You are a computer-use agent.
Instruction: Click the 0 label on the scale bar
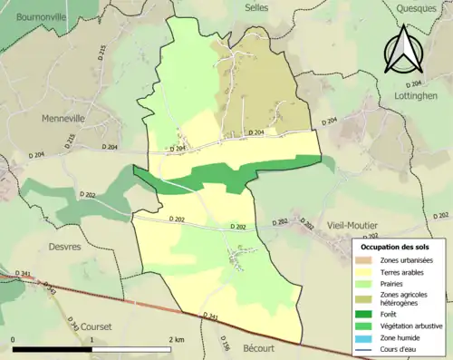point(14,339)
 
